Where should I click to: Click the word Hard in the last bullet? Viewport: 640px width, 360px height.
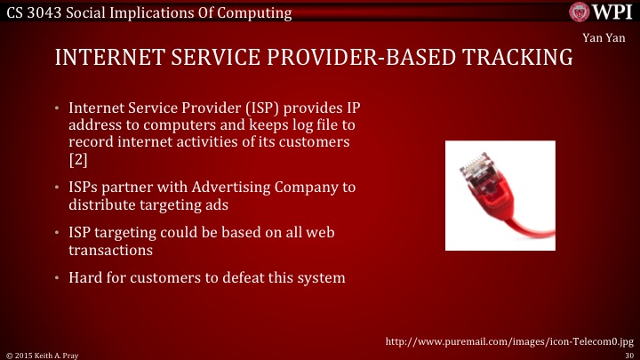click(x=85, y=278)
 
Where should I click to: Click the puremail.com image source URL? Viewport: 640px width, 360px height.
click(x=508, y=340)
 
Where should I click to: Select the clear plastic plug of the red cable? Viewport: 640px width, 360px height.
click(x=473, y=166)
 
